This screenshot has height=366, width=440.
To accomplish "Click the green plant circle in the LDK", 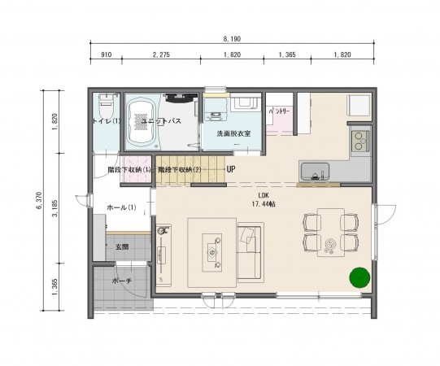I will pos(357,278).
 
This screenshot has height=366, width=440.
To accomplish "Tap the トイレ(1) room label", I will pos(105,121).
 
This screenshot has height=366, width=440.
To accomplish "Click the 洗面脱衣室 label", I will pos(233,133).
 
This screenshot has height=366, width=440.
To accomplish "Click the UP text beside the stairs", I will pos(231,170).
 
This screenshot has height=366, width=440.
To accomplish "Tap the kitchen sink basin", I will pos(313,172).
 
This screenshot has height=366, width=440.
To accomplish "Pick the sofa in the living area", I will pos(250,252).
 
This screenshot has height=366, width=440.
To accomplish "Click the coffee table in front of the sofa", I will pos(215,252).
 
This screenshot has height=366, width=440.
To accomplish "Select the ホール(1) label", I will pos(121,208).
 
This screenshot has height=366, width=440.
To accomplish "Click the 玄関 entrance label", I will pos(121,247).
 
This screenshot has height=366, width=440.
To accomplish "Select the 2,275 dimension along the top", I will pos(161,54).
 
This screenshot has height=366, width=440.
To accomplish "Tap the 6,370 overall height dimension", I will pos(40,201).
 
